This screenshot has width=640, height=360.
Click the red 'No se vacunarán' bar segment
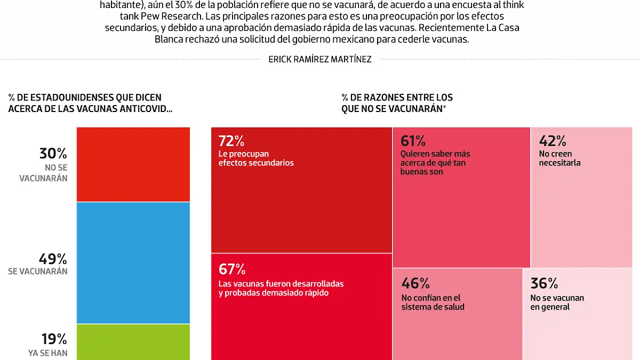pos(133,164)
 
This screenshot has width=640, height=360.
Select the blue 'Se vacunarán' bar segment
pos(133,262)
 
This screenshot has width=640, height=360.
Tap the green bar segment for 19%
pos(133,342)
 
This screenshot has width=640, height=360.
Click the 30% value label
pos(53,154)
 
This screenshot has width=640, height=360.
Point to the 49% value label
pos(53,259)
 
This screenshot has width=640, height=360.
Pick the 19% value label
pos(54,339)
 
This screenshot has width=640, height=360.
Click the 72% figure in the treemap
pos(231,141)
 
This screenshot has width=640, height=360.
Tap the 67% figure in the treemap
pos(231,269)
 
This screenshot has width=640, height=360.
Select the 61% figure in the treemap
pos(413,141)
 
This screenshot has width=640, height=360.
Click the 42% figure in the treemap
pos(552,141)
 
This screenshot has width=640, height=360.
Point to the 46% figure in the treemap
pos(415,283)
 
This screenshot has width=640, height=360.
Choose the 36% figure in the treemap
pos(544,283)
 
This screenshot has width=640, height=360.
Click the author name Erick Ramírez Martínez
pos(320,59)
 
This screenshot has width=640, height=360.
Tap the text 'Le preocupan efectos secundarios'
pos(256,158)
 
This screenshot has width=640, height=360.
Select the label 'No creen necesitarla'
pos(559,158)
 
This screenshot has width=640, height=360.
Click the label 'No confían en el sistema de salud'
pos(433,302)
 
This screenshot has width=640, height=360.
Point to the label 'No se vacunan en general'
pos(557,302)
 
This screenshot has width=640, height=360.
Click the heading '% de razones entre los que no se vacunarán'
pos(397,103)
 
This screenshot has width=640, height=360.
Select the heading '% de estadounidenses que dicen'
pos(85,98)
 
